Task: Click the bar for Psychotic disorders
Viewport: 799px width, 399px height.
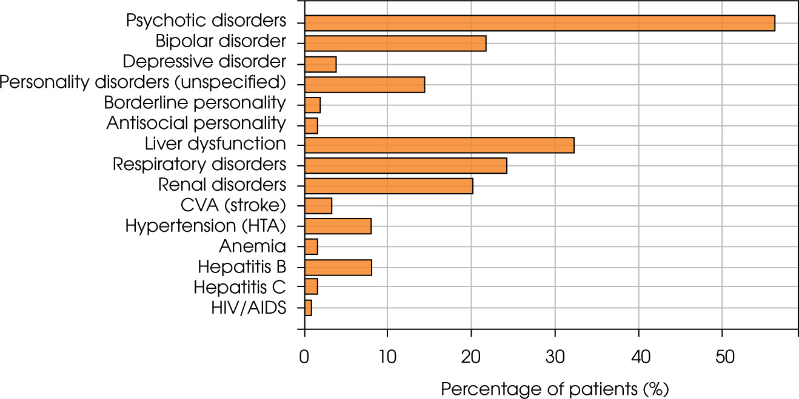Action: pyautogui.click(x=540, y=23)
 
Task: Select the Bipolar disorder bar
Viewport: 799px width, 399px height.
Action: pyautogui.click(x=395, y=44)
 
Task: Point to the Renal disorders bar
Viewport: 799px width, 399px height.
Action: pyautogui.click(x=389, y=186)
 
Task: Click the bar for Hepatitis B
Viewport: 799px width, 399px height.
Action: pyautogui.click(x=338, y=267)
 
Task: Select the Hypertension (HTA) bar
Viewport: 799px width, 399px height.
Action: pyautogui.click(x=338, y=226)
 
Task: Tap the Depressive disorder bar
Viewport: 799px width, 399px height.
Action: pyautogui.click(x=320, y=64)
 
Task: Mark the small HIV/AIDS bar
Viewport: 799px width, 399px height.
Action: pyautogui.click(x=308, y=308)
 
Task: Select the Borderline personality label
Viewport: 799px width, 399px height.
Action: pyautogui.click(x=195, y=104)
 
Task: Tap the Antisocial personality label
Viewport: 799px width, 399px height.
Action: pyautogui.click(x=196, y=124)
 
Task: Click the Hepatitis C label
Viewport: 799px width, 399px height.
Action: pyautogui.click(x=239, y=287)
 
